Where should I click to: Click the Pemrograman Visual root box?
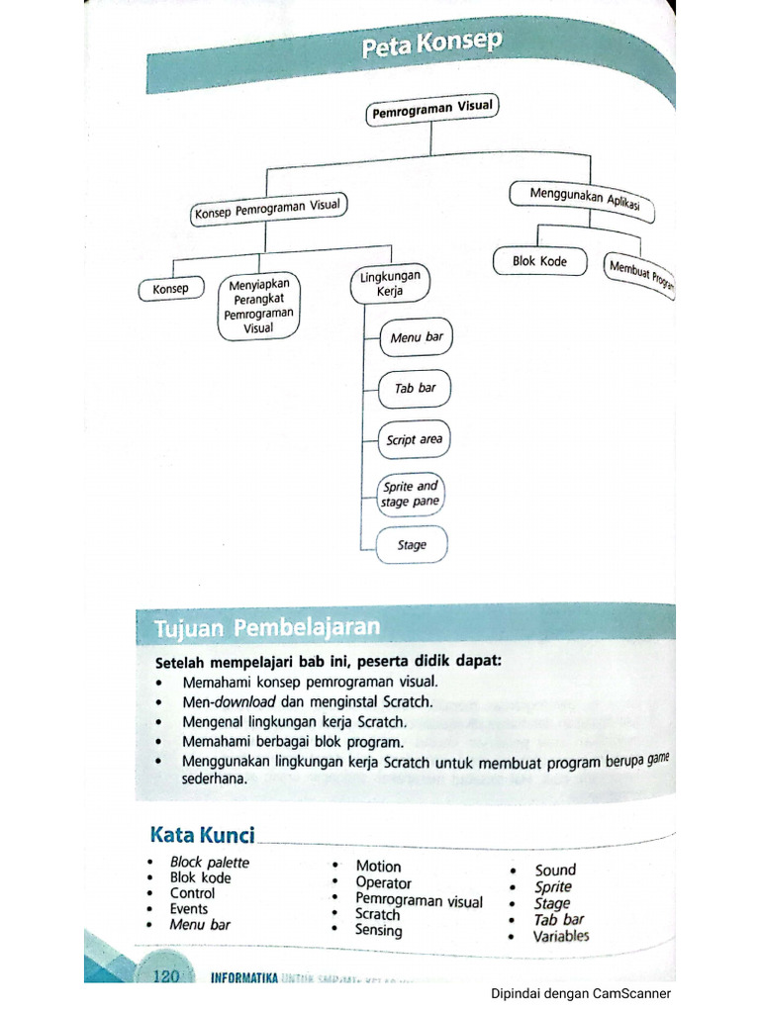[431, 111]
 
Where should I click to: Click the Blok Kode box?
[539, 262]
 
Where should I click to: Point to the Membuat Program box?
[641, 274]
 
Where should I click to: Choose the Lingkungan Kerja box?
[389, 284]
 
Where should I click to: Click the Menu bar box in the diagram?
[416, 338]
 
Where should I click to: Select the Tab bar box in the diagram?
[415, 389]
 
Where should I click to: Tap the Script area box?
[415, 440]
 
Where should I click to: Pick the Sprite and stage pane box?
[411, 494]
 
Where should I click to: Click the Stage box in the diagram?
[412, 545]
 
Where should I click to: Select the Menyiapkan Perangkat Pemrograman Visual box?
[258, 307]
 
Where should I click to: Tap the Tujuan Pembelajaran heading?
[266, 628]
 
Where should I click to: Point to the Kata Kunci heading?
[202, 836]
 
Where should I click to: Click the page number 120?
[165, 977]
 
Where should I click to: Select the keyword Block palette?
[209, 862]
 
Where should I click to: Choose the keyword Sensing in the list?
[379, 931]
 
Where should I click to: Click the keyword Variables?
[561, 936]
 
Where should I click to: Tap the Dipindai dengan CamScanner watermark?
[581, 994]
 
